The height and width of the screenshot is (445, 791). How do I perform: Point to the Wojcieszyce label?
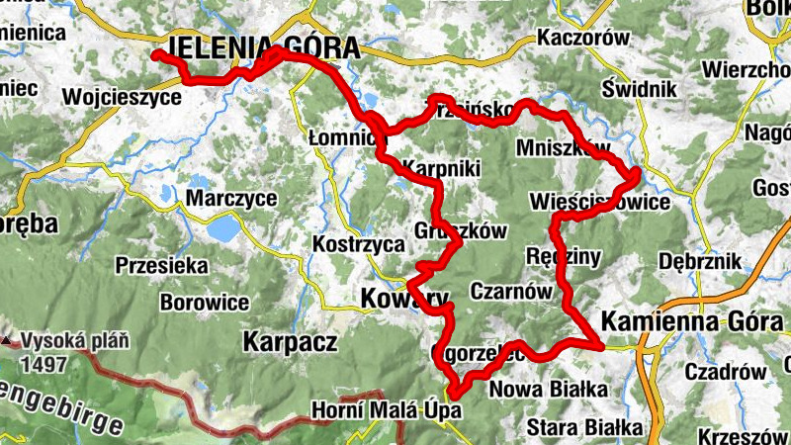[121, 97]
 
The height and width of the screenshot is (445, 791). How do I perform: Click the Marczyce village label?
[231, 198]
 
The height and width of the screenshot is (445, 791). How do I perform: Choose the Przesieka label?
[161, 265]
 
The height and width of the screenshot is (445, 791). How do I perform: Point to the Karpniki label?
[442, 169]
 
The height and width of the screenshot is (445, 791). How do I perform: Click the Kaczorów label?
[583, 39]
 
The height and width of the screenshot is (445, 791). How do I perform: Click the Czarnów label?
[509, 291]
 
